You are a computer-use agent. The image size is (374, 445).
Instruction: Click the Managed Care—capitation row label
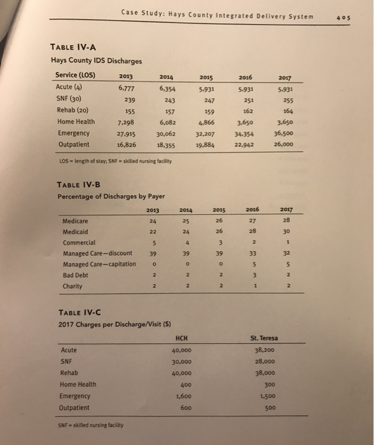tap(100, 263)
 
